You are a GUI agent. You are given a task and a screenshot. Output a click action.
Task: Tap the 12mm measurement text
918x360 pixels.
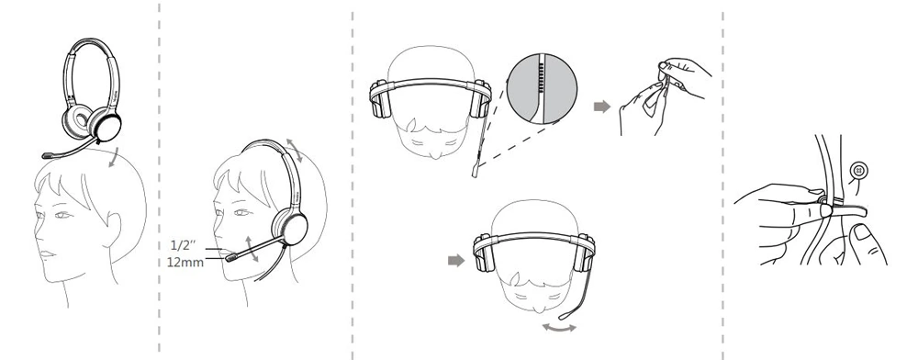point(185,263)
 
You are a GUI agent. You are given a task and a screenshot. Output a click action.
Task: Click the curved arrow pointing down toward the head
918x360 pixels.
point(116,158)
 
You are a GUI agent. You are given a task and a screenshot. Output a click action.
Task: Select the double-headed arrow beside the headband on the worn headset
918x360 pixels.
point(295,151)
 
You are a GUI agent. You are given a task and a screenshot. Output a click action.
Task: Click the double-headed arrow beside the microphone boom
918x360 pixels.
point(252,249)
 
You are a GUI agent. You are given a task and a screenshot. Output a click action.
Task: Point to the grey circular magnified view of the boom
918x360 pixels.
point(542,88)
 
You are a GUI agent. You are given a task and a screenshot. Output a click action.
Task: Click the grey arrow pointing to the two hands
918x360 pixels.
point(602,107)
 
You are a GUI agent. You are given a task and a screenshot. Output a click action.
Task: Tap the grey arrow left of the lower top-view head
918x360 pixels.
point(456,261)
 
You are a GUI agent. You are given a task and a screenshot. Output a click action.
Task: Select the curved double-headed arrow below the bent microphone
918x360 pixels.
point(559,329)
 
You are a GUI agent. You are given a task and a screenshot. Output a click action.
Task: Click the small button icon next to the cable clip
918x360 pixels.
point(859,171)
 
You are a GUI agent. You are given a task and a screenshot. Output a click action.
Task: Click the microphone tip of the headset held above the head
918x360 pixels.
point(48,156)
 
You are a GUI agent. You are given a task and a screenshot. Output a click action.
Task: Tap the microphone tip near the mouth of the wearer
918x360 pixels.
point(231,257)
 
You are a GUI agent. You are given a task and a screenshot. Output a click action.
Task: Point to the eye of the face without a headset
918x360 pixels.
point(62,215)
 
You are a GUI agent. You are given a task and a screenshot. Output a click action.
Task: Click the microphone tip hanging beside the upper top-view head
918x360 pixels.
point(475,172)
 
